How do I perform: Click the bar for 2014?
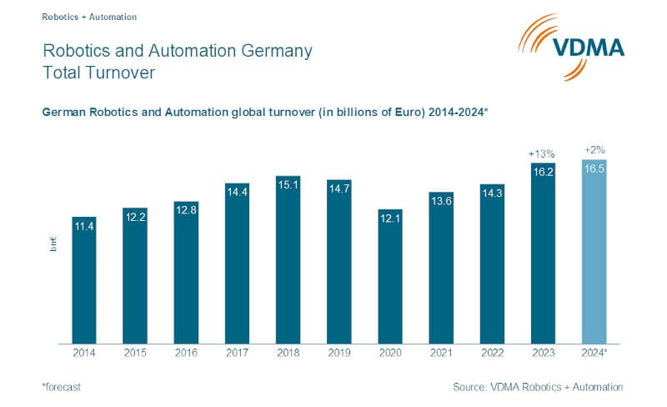pos(84,279)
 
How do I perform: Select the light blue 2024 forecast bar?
pos(594,251)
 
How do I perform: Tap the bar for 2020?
pos(390,276)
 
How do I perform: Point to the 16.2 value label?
pos(543,170)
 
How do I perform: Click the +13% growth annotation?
pos(543,153)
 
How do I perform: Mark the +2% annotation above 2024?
pos(594,149)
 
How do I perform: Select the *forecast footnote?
pos(62,387)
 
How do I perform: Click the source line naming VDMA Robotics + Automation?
pos(538,387)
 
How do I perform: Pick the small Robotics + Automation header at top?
pos(88,16)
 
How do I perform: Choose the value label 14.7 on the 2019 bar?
pos(339,188)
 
